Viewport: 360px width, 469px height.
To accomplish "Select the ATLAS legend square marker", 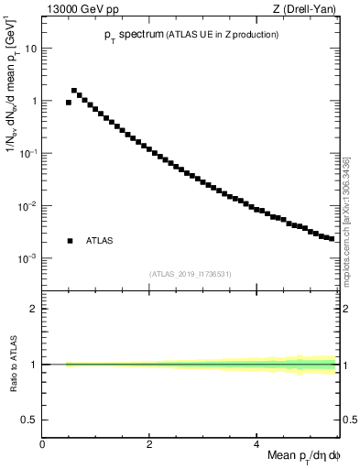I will (x=70, y=241).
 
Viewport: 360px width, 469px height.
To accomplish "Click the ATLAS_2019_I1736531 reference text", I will (x=191, y=274).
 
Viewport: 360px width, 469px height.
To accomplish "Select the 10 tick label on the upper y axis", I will (x=30, y=49).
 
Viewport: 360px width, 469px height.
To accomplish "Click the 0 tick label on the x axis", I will (x=42, y=442).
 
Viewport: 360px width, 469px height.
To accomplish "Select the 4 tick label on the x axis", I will (x=256, y=442).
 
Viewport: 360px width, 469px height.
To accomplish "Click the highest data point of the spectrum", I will (x=74, y=91).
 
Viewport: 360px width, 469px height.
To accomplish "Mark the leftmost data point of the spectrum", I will (x=69, y=103).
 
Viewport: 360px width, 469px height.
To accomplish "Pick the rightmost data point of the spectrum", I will (x=332, y=238).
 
